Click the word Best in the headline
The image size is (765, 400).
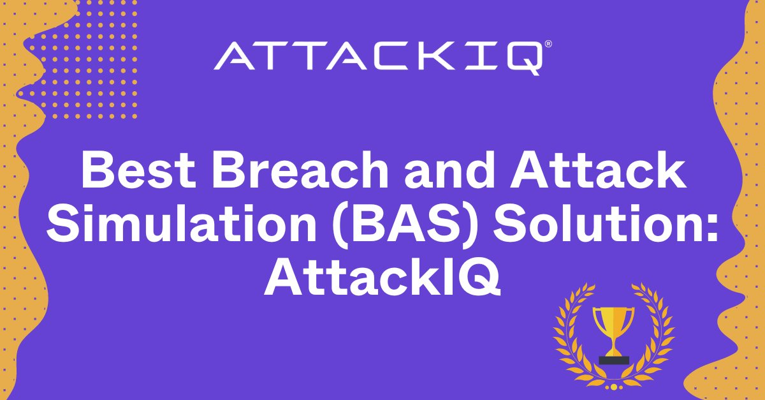pos(138,170)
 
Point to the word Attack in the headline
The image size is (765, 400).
pos(598,170)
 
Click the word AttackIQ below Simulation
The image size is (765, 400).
pos(382,278)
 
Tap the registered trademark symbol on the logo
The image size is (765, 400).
pos(548,44)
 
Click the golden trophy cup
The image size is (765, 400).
pos(614,332)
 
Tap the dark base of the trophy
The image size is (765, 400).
pos(614,360)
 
